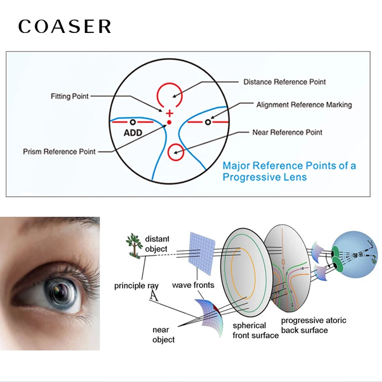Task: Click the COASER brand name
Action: [x=65, y=27]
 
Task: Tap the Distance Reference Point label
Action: [x=285, y=82]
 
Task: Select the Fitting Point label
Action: [x=70, y=96]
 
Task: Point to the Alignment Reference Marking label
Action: [x=304, y=105]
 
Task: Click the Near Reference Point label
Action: [x=287, y=132]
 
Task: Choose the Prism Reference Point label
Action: [x=59, y=152]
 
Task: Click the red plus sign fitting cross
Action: [x=169, y=114]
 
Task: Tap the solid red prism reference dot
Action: [x=169, y=123]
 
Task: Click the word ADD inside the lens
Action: [x=133, y=133]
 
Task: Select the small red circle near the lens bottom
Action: [x=175, y=150]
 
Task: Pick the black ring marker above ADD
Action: [x=133, y=123]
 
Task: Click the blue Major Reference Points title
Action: [x=289, y=171]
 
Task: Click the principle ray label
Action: [x=137, y=286]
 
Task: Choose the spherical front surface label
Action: [x=255, y=330]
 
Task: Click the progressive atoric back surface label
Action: [x=314, y=325]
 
